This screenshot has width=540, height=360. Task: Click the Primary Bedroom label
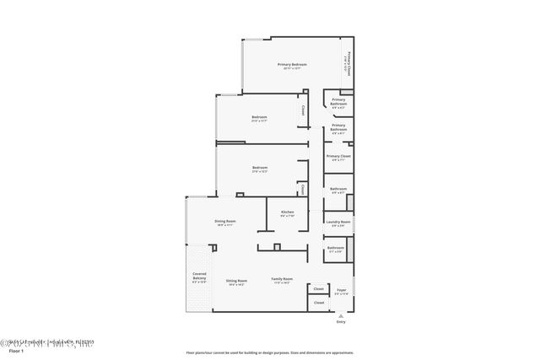point(292,65)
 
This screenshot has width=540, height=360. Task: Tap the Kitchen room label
point(287,212)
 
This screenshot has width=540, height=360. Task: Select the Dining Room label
point(224,222)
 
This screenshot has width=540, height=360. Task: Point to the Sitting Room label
point(236,280)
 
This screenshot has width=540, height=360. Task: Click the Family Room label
point(282,279)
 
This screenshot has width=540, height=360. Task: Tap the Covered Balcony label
point(199,277)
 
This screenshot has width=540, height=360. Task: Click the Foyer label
point(341,290)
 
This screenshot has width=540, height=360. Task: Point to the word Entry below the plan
point(341,321)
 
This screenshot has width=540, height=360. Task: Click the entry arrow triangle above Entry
point(341,314)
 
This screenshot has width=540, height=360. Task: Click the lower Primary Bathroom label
point(338,127)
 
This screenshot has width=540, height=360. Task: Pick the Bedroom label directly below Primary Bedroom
point(259,116)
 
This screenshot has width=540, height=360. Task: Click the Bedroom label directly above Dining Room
point(259,168)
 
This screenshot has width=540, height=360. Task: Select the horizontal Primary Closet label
point(339,156)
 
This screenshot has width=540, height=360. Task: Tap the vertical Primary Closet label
point(348,65)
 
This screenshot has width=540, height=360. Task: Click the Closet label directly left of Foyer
point(319,289)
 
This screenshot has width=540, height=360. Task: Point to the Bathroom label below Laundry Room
point(336,248)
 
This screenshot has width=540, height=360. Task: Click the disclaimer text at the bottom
point(270,352)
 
